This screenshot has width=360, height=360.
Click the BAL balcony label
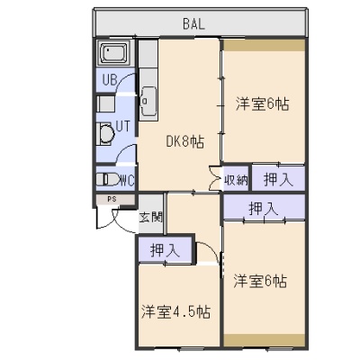click(193, 23)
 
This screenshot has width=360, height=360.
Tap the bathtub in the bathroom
click(113, 53)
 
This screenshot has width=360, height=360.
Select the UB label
click(110, 80)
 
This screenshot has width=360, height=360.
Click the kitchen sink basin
click(148, 102)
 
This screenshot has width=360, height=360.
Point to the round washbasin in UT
click(105, 134)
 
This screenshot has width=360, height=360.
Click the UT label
click(123, 126)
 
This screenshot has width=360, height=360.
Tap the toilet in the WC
click(107, 179)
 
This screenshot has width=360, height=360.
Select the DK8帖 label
click(185, 141)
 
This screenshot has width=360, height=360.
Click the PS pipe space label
click(112, 199)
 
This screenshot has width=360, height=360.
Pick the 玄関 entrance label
click(150, 217)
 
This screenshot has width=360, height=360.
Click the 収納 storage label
click(237, 180)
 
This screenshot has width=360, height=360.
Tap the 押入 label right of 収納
click(278, 179)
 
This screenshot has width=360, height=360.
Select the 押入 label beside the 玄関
click(165, 250)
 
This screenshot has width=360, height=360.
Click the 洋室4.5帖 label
click(175, 312)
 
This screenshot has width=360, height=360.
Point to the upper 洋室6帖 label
click(262, 103)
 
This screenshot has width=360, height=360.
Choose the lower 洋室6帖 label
click(260, 281)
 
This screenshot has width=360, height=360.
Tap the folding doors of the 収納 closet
click(214, 178)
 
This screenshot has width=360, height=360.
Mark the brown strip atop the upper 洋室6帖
click(265, 45)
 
